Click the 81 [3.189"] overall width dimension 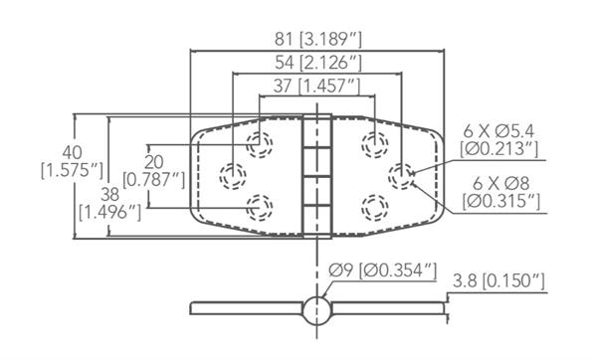pos(318,39)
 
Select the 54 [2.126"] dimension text pos(318,63)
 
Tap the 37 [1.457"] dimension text pos(316,86)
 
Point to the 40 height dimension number pos(73,152)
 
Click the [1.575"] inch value pos(73,170)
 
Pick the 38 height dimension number pos(110,195)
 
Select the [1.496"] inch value pos(110,213)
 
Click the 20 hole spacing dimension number pos(154,162)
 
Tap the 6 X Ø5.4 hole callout pos(498,140)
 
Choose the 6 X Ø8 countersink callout pos(501,192)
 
